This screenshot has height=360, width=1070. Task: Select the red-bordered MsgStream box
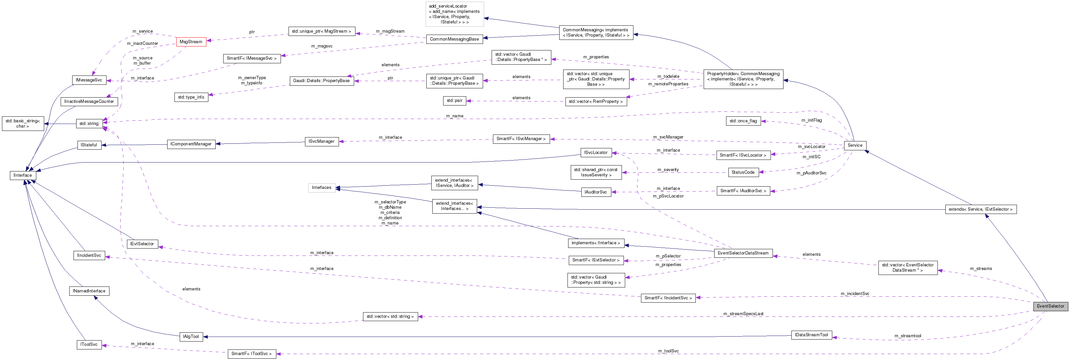(x=191, y=42)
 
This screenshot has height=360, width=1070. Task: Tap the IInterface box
(x=22, y=176)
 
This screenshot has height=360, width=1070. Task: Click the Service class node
(x=854, y=145)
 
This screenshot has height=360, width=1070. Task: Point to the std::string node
(x=89, y=124)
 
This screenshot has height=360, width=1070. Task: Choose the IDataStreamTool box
(x=811, y=335)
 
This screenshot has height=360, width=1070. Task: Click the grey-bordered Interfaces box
(x=321, y=188)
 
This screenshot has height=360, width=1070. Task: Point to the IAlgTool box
(x=191, y=337)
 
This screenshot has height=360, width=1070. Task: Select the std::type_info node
(x=191, y=98)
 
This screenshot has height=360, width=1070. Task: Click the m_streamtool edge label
(x=907, y=336)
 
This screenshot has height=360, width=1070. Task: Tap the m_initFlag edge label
(x=811, y=120)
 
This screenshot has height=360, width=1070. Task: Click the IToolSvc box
(x=89, y=345)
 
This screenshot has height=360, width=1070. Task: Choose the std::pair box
(x=454, y=101)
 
